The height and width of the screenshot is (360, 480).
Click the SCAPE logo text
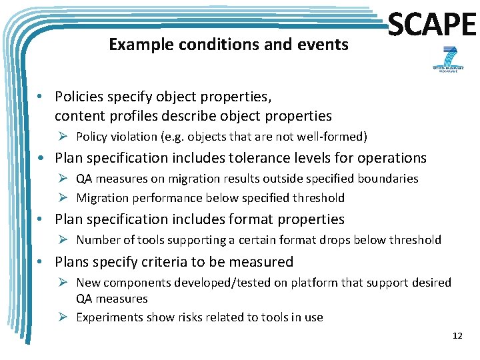coord(432,25)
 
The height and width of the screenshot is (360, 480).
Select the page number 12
coord(457,335)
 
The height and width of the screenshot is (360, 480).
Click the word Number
coord(97,240)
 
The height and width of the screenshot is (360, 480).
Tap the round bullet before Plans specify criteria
coord(42,261)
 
